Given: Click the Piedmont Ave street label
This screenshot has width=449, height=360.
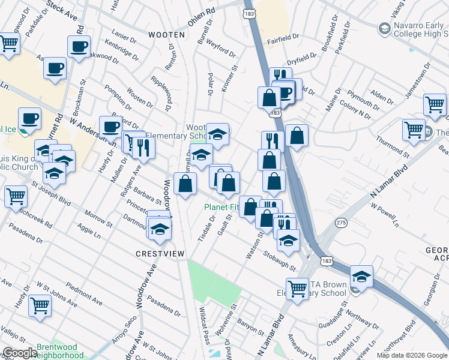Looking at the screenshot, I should pos(80,294).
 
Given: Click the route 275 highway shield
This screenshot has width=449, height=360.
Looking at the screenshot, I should pos(340,222).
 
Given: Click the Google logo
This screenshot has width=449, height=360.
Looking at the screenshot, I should pos(19,353).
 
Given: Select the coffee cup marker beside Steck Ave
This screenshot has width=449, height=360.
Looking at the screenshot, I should pos(79,47).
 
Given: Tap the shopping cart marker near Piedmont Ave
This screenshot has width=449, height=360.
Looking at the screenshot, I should pos(40,305).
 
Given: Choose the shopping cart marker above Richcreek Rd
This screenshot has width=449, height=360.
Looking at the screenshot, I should pos(15,196).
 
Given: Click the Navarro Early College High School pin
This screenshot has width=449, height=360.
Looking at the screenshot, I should pos(384,28).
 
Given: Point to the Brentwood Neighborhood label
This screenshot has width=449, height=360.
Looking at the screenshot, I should pos(60,351).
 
